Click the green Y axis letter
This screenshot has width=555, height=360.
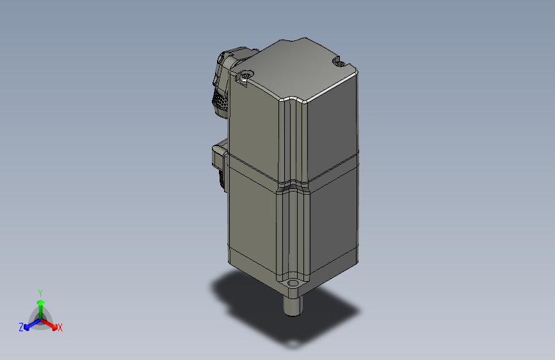coord(40,291)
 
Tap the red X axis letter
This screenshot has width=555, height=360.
coord(60,327)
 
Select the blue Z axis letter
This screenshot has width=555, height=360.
coord(21,327)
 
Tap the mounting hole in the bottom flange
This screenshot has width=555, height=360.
coord(294,282)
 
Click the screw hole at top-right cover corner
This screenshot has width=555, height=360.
coord(339,63)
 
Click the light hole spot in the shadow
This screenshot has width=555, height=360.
coord(292,344)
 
